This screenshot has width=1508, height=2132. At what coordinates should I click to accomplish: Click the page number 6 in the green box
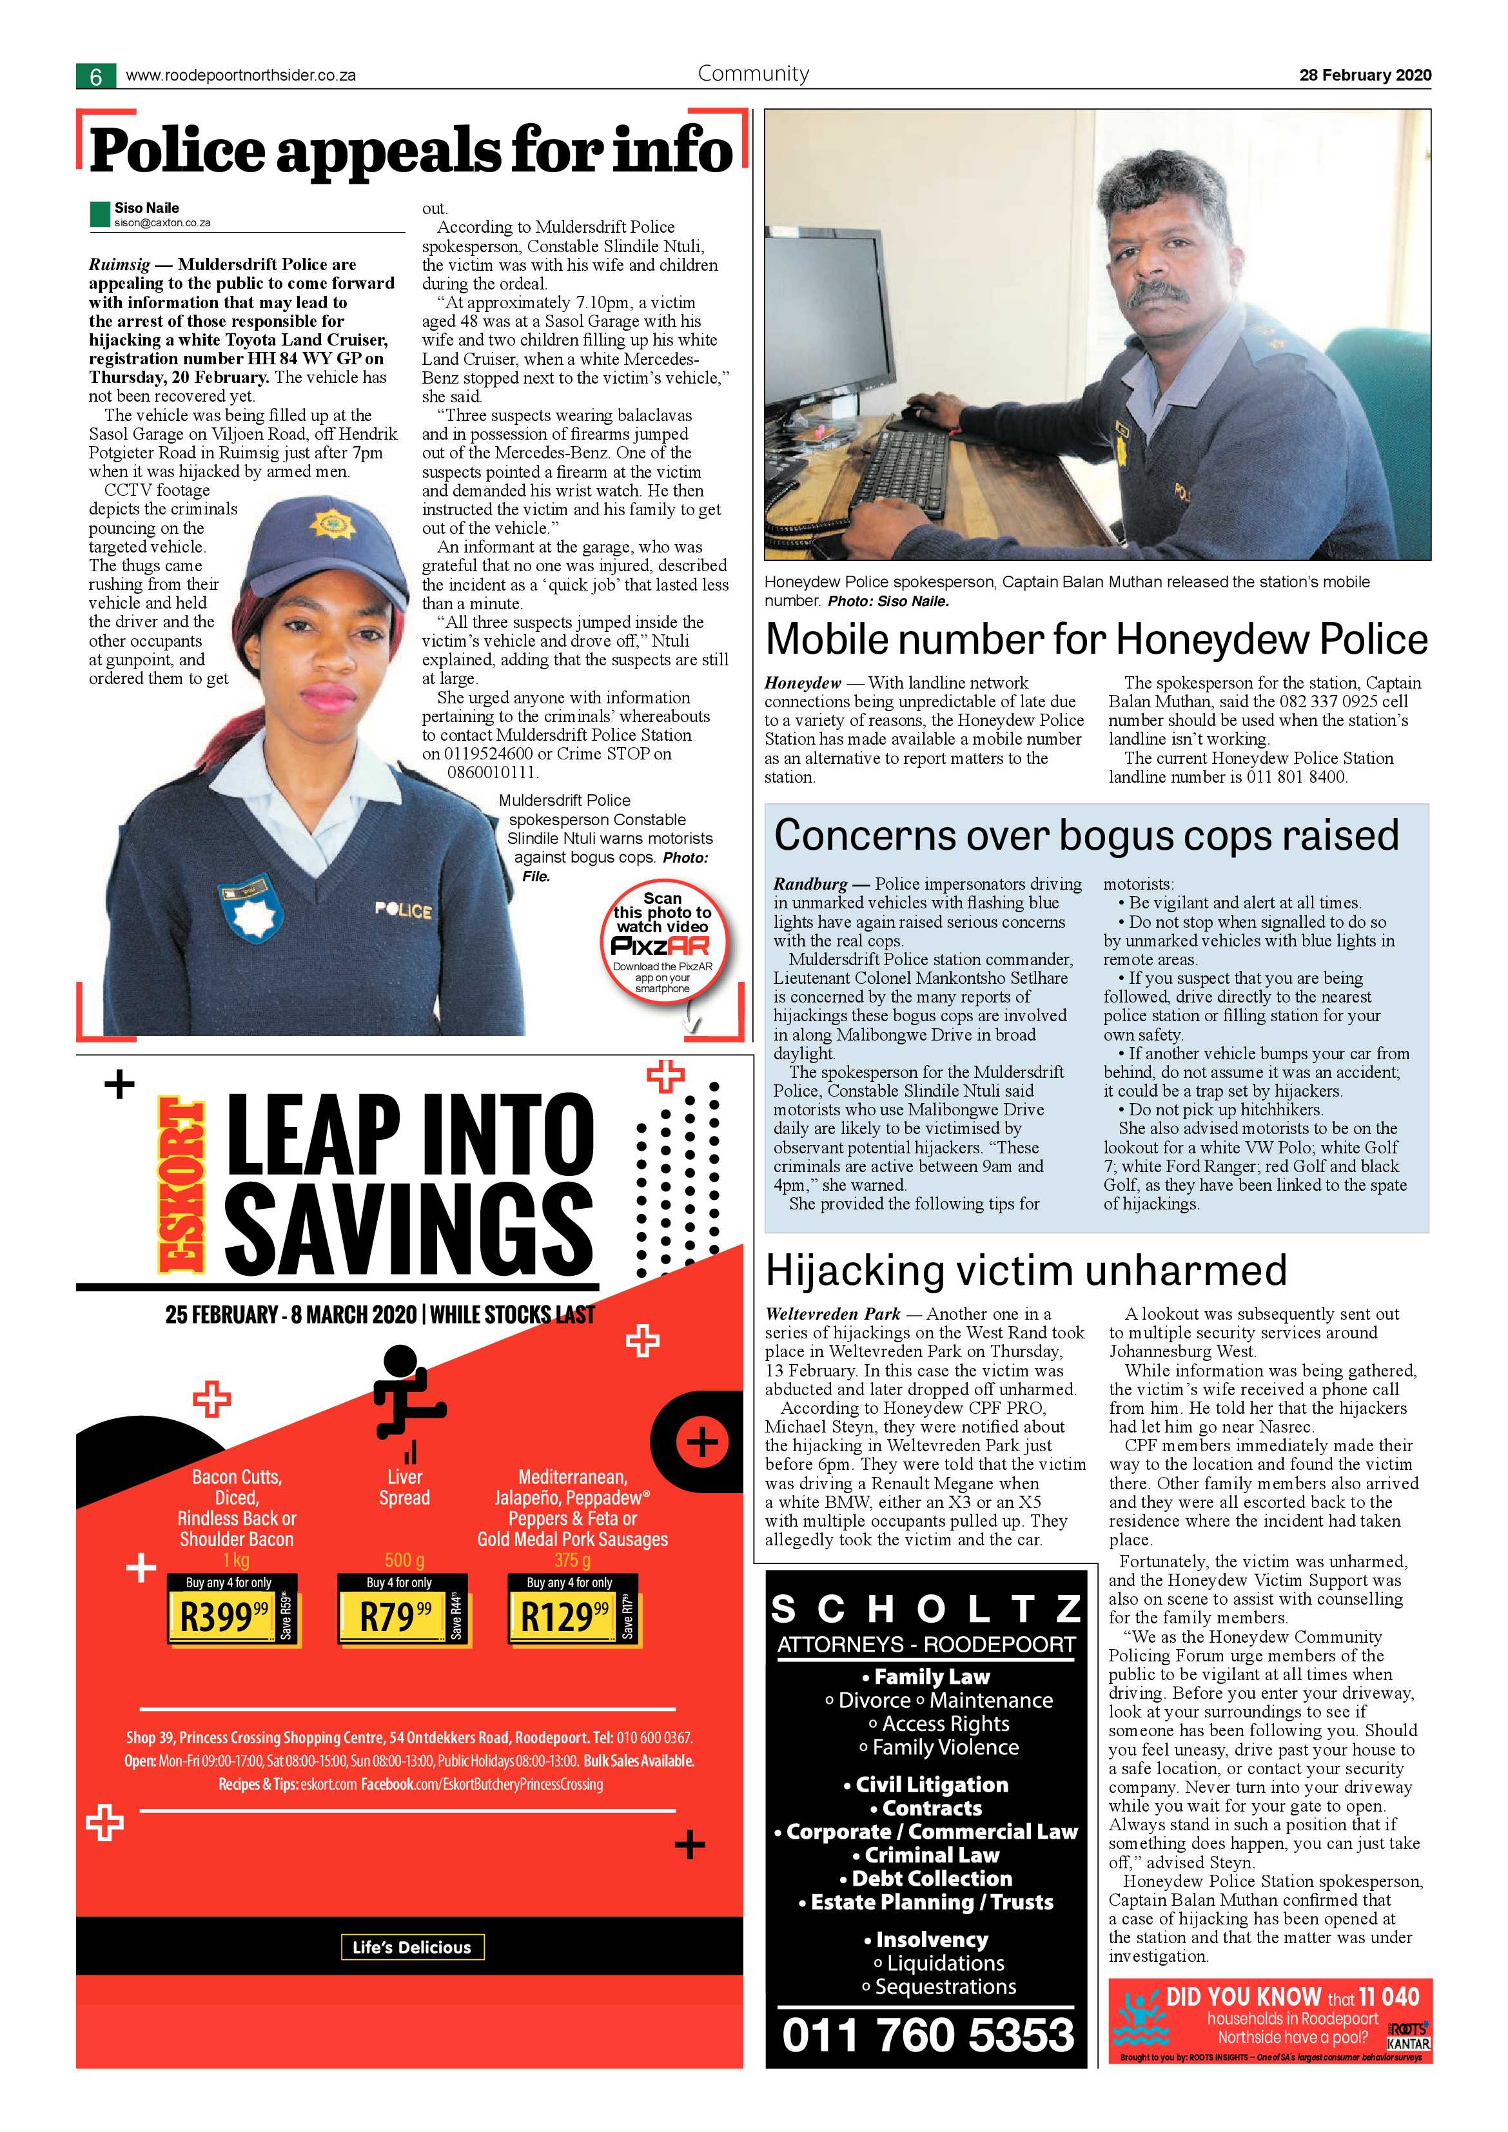point(95,76)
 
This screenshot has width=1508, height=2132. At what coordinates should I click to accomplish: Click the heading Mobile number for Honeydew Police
point(1096,639)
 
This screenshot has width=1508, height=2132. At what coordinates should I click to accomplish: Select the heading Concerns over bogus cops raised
point(1086,835)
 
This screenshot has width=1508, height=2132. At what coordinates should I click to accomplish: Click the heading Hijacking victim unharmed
point(1026,1269)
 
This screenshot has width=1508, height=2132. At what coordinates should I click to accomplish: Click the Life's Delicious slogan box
point(411,1946)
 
